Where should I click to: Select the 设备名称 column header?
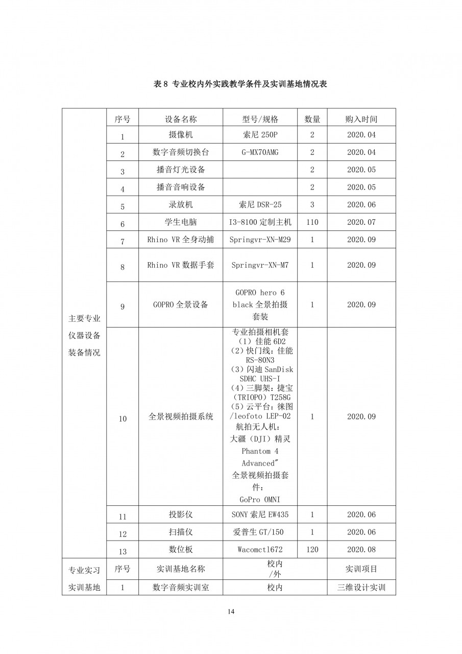point(181,119)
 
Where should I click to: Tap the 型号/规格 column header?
point(260,119)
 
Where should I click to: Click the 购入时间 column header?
point(361,119)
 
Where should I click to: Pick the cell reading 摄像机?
point(181,135)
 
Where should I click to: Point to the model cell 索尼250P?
point(260,135)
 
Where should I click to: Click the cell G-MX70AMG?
point(260,152)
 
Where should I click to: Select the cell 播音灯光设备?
point(181,170)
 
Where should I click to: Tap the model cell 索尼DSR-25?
point(260,204)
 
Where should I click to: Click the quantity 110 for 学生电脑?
point(312,222)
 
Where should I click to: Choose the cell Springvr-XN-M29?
point(260,240)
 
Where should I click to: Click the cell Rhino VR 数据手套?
point(181,265)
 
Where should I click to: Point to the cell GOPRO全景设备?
point(181,305)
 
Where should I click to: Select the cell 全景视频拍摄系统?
point(181,417)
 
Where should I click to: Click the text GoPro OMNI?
point(260,499)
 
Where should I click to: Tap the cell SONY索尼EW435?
point(260,515)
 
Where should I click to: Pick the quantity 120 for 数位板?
point(312,549)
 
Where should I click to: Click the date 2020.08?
point(361,549)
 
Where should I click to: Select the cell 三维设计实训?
point(361,588)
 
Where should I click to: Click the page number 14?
point(231,611)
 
